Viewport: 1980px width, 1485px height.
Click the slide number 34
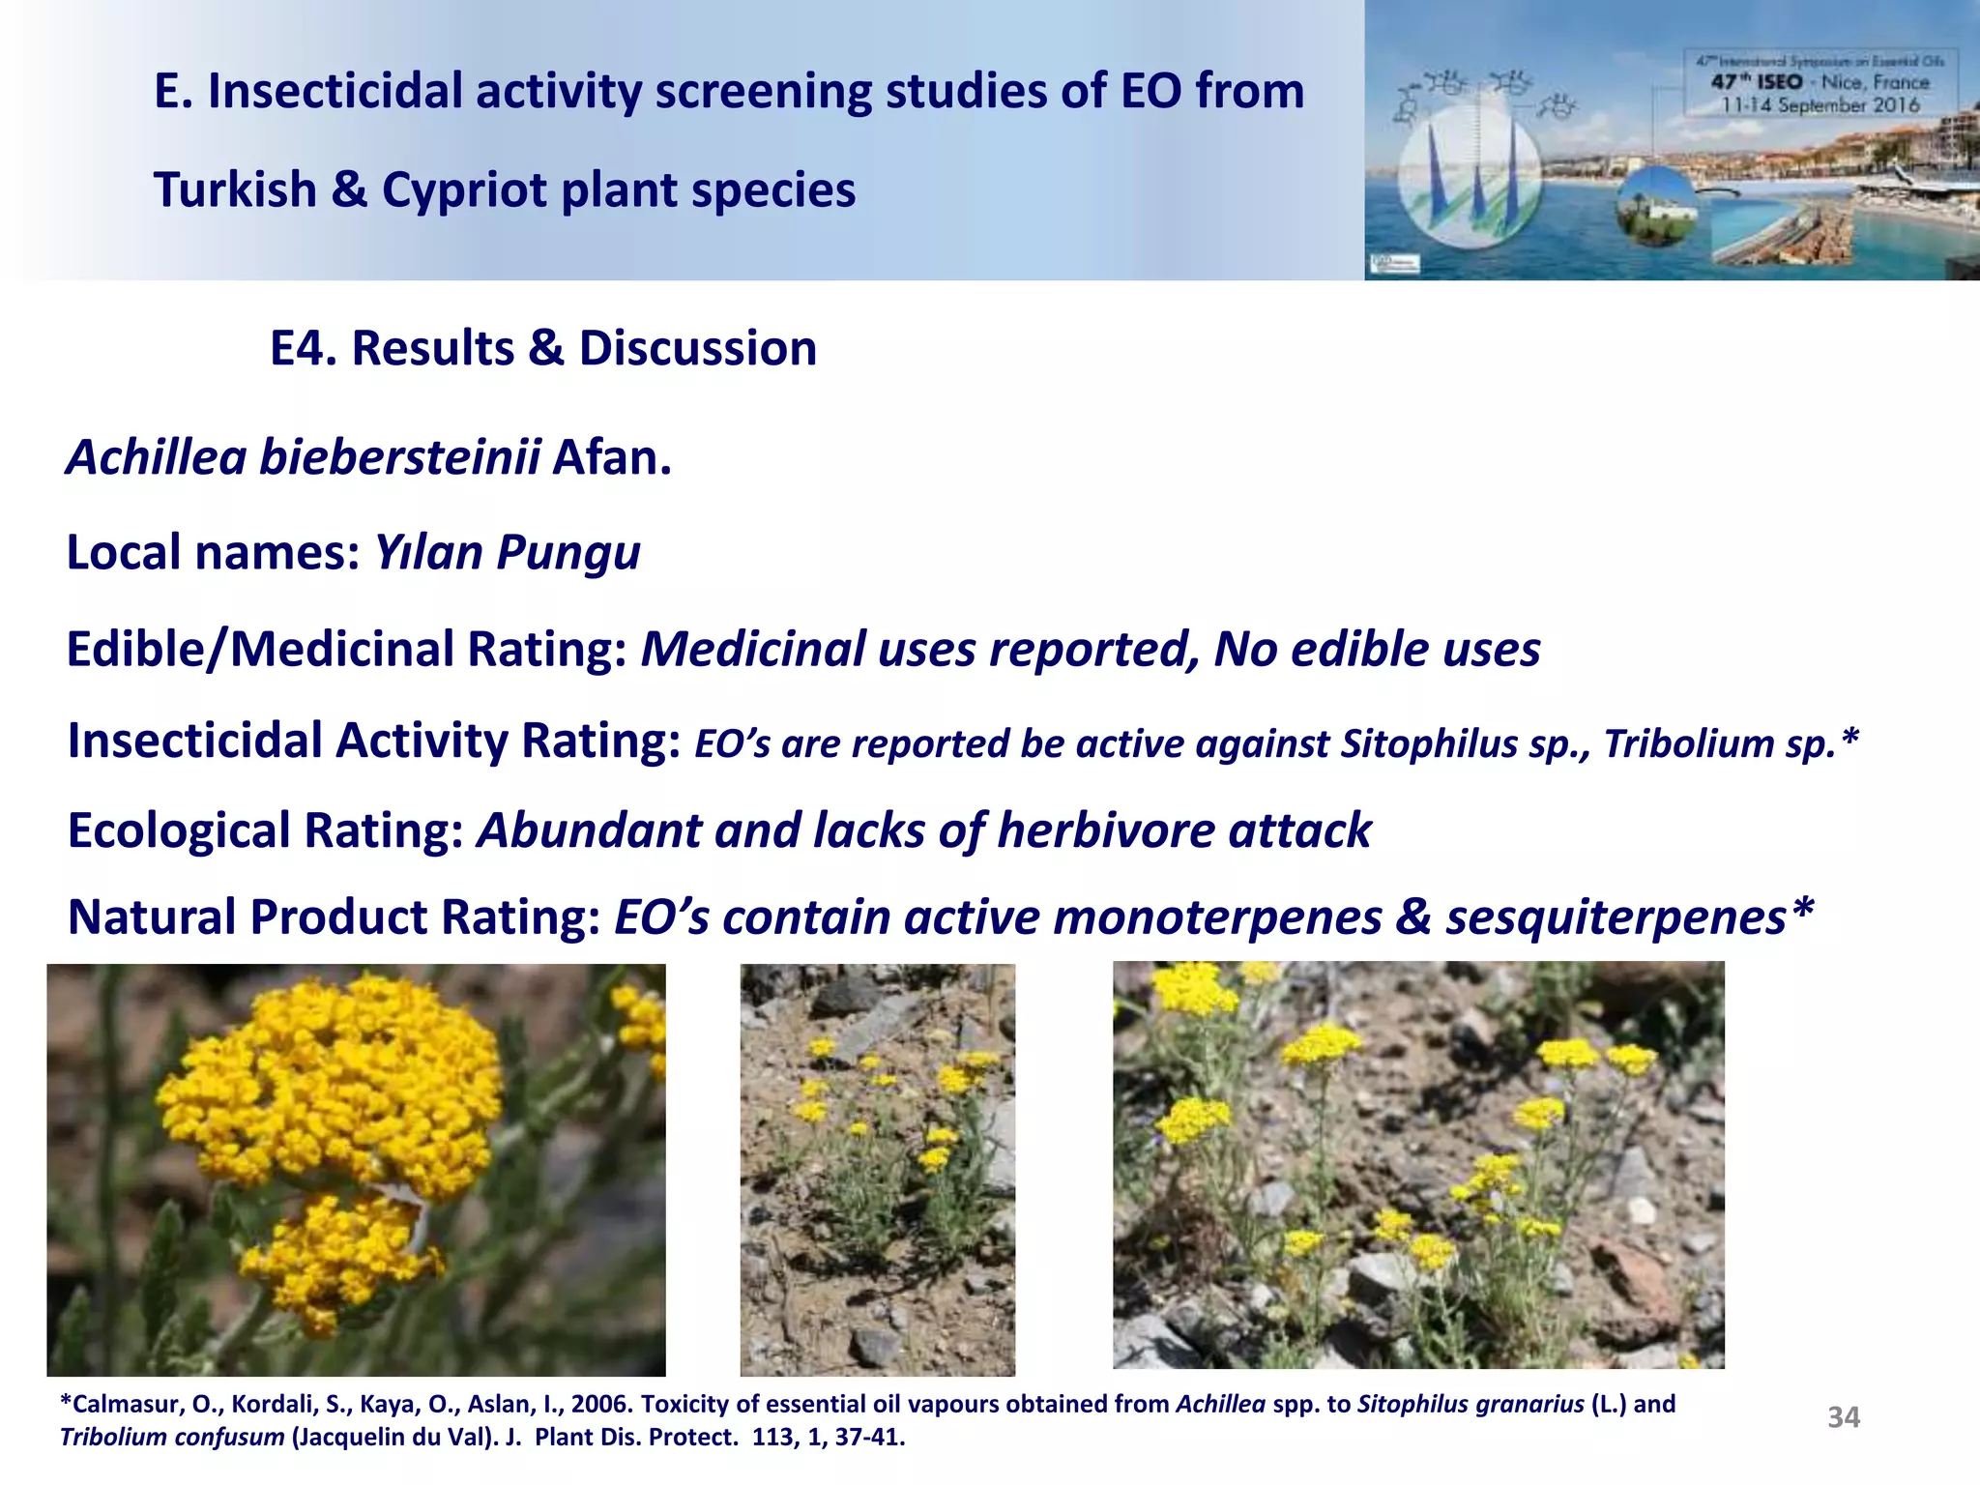(1843, 1417)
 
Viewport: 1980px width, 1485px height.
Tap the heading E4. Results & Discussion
(542, 348)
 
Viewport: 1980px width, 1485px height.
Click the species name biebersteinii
(399, 457)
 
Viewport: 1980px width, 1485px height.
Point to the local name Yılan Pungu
(507, 553)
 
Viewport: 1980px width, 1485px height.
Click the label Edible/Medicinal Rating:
(346, 649)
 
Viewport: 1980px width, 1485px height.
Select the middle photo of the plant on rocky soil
(877, 1170)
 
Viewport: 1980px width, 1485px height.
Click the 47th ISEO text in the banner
(1756, 82)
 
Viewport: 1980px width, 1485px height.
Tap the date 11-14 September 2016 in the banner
(1820, 105)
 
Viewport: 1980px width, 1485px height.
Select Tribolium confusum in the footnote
(172, 1438)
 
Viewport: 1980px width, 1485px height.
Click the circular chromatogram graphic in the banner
(1462, 174)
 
